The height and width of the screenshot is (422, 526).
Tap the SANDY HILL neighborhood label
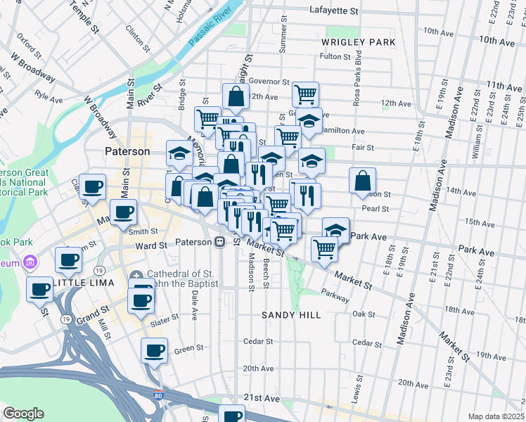pyautogui.click(x=286, y=315)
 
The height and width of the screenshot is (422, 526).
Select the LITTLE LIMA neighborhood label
pyautogui.click(x=67, y=283)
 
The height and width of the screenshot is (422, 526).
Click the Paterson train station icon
pyautogui.click(x=220, y=242)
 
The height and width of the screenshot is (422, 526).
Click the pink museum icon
pyautogui.click(x=30, y=263)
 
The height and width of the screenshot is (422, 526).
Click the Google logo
pyautogui.click(x=23, y=414)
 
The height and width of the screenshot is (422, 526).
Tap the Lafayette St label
pyautogui.click(x=334, y=11)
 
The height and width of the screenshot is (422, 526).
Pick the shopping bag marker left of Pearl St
pyautogui.click(x=362, y=181)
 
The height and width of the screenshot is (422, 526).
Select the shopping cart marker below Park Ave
pyautogui.click(x=324, y=249)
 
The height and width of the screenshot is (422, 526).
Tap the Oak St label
pyautogui.click(x=364, y=314)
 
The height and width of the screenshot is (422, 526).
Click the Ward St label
pyautogui.click(x=151, y=246)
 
